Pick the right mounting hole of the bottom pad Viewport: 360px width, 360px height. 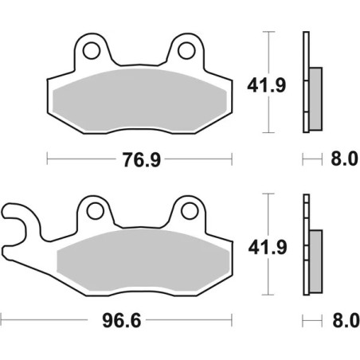[188, 211]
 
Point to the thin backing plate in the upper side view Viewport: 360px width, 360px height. [305, 80]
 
